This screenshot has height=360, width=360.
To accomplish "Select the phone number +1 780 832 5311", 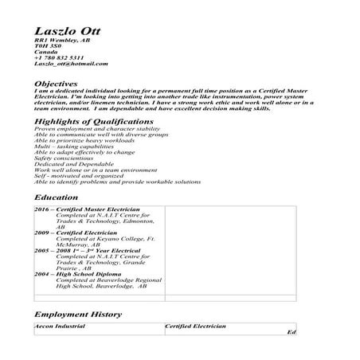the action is [60, 57].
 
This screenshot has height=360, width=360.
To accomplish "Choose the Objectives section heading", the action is [57, 83].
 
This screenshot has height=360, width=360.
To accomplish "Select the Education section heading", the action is [57, 197].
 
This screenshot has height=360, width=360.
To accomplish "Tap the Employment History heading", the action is [78, 315].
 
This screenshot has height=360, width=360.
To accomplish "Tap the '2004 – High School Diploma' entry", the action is [79, 273].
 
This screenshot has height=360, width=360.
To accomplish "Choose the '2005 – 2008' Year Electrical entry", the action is [88, 250].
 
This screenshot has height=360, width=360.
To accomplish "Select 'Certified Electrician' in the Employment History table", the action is [195, 327].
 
